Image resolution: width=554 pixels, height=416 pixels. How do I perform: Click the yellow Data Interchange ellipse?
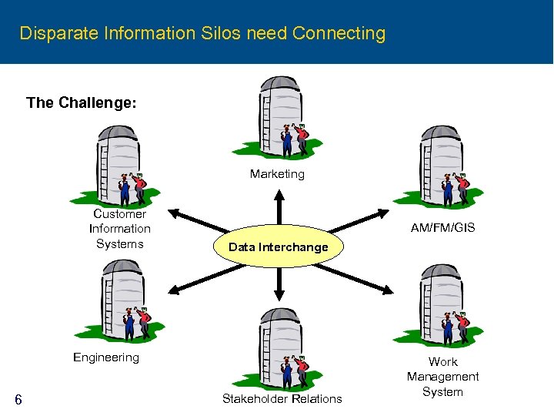[279, 247]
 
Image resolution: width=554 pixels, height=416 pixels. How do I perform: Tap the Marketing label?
[277, 174]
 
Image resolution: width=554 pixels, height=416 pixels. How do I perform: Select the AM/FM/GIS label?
[442, 227]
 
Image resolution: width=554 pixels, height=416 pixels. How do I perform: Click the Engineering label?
[106, 357]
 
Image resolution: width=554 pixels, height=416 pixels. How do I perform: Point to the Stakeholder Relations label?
[282, 398]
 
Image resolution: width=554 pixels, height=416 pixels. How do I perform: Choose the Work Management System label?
[442, 377]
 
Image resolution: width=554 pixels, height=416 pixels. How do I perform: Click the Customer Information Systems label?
[120, 229]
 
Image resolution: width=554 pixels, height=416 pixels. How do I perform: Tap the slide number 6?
[18, 399]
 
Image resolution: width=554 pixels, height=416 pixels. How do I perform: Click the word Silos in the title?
[222, 33]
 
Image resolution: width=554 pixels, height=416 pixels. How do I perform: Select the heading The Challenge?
[82, 102]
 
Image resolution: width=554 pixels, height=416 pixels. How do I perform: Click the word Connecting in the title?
[339, 33]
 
